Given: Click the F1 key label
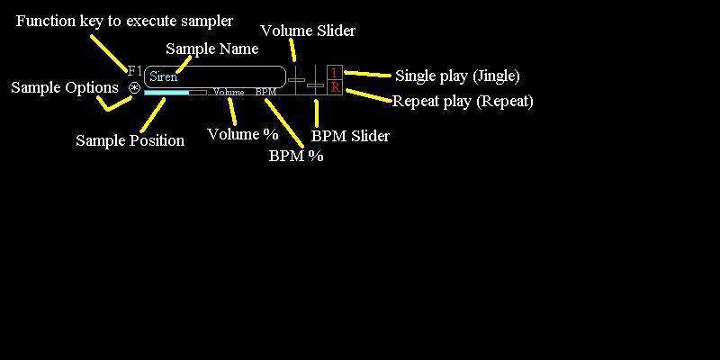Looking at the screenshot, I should coord(135,70).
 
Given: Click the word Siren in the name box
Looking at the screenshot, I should coord(163,76).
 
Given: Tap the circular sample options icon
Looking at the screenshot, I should coord(134,88).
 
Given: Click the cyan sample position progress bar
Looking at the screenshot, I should coord(167,92).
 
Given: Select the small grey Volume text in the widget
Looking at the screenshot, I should coord(229,93).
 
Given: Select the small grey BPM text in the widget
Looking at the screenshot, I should coord(265,93).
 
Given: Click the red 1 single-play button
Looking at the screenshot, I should coord(335,73).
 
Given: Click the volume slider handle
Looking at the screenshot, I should coord(296,80).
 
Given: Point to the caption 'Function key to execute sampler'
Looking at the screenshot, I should coord(125,21).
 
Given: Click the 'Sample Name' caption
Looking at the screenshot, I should coord(213,49).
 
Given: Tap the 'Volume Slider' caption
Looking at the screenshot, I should coord(308,31).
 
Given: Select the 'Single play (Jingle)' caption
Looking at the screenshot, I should coord(457,76).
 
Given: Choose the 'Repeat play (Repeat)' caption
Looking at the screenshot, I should coord(463,101).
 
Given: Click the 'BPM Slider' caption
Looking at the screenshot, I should coord(350,137).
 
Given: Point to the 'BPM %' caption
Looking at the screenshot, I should coord(296,156).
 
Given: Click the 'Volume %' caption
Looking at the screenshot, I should coord(243,134).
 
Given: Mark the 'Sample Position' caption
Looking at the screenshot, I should coord(130,140).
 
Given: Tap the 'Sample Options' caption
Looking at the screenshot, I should coord(65,87).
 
